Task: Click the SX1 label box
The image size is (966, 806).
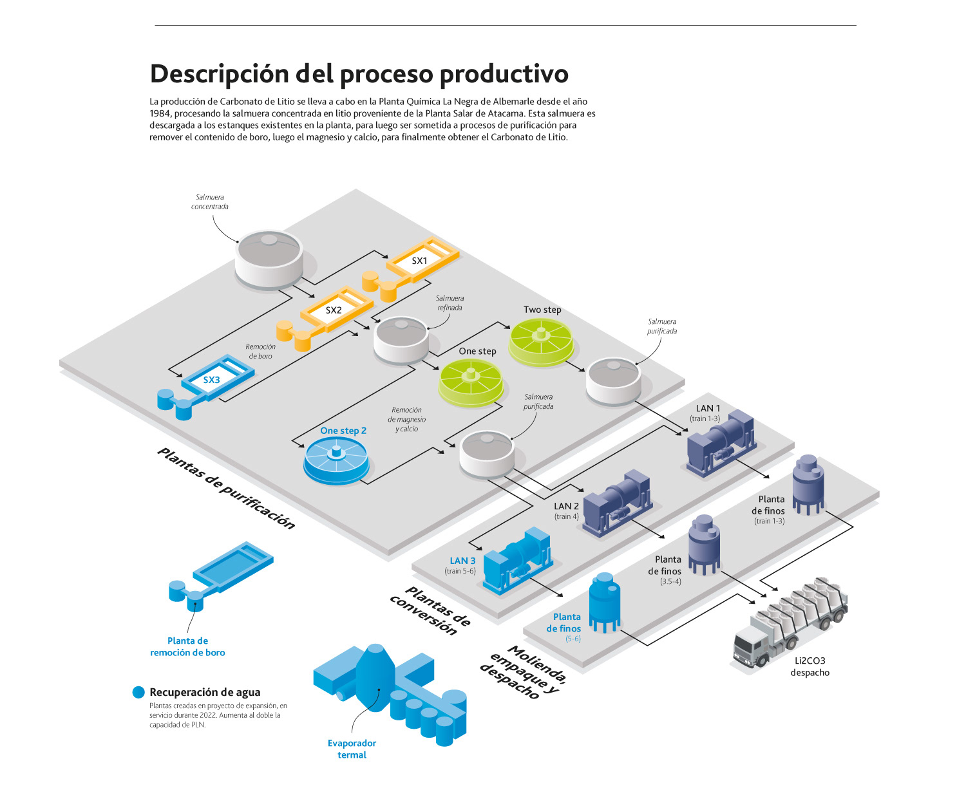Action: tap(419, 261)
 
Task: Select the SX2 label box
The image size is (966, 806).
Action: tap(334, 310)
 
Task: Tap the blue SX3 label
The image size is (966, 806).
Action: tap(211, 380)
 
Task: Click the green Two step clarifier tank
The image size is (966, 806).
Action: tap(541, 341)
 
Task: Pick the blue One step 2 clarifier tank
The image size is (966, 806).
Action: tap(336, 460)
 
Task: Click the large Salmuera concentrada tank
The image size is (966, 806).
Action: tap(269, 258)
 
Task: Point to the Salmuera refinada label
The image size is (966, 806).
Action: tap(450, 303)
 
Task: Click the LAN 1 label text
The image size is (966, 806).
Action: tap(708, 408)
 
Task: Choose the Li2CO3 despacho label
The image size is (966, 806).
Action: tap(810, 666)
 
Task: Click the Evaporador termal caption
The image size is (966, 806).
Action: tap(352, 749)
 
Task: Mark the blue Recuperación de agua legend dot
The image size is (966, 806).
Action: tap(138, 692)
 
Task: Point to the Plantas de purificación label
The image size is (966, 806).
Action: tap(226, 489)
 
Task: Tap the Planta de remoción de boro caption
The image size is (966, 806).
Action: tap(187, 646)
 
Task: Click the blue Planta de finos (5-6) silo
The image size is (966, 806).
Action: tap(605, 601)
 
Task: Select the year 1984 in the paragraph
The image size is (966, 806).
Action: tap(160, 113)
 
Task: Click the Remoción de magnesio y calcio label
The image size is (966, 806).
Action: tap(406, 419)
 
